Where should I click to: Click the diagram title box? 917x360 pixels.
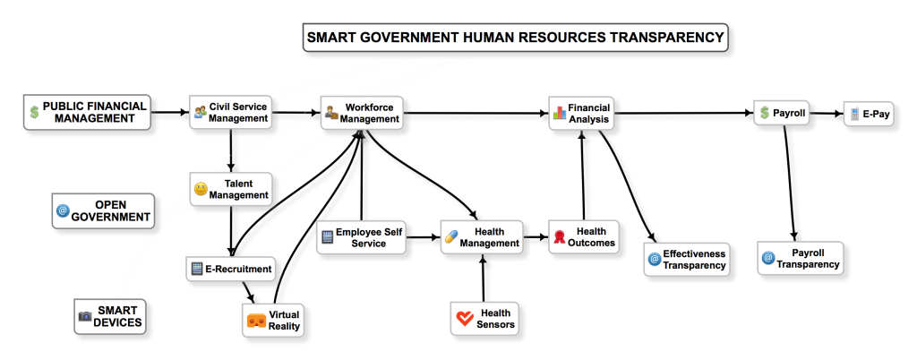515,38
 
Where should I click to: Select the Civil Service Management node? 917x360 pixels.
231,112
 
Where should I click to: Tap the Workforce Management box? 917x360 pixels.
362,113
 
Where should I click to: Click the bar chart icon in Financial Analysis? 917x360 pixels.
560,113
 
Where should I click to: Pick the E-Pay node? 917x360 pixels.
869,114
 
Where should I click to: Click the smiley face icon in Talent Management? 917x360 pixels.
201,189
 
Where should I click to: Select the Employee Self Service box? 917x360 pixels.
362,237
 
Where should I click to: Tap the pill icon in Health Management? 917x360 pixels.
451,237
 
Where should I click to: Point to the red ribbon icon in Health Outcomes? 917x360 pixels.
560,236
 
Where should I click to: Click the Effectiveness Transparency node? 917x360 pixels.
687,260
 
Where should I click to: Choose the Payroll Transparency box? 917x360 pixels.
801,258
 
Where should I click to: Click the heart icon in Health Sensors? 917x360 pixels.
466,319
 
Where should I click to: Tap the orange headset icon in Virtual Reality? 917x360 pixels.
256,321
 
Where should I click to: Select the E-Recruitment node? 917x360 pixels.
232,270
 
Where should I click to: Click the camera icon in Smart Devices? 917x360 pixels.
85,316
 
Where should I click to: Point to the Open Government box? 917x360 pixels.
104,211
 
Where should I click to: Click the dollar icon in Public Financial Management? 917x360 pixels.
35,112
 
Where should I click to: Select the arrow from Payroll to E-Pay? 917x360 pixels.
827,114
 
